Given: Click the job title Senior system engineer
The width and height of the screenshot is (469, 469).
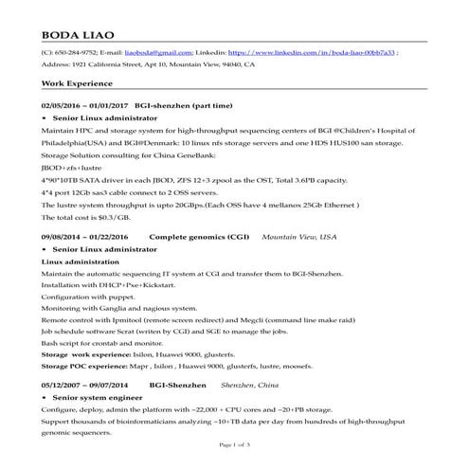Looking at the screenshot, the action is click(x=103, y=398).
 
